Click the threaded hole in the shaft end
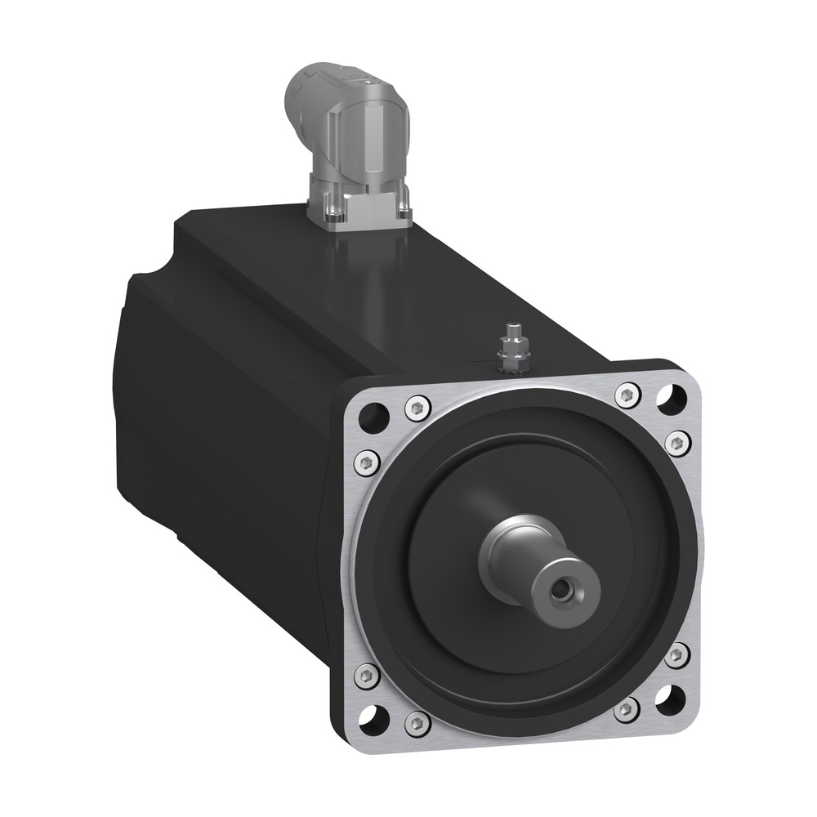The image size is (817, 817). point(560,587)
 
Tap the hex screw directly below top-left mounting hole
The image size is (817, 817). point(366,463)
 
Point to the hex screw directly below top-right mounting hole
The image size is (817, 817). point(676,442)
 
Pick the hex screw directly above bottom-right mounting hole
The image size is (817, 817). point(675,654)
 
